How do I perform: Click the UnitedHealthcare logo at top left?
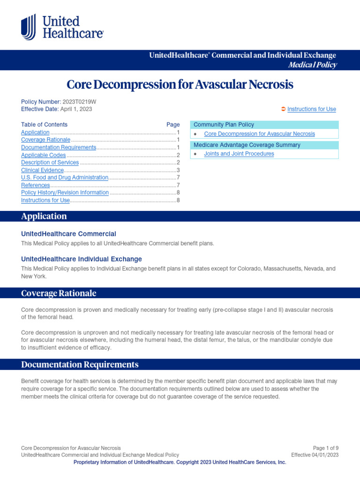(62, 27)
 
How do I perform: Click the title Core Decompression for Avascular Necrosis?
(180, 84)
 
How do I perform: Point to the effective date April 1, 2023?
(76, 109)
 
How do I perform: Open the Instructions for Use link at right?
(311, 109)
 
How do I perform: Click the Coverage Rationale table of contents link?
(45, 140)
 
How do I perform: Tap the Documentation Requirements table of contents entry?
(59, 148)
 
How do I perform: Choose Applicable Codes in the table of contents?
(44, 155)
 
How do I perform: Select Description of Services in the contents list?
(50, 163)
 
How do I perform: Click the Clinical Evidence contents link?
(42, 170)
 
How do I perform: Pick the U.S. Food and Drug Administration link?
(65, 178)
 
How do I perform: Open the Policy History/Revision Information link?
(65, 193)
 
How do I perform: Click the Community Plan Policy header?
(224, 125)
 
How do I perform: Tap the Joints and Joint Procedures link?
(239, 154)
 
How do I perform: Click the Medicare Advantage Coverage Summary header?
(247, 145)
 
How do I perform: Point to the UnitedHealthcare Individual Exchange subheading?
(82, 259)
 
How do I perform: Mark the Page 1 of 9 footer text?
(326, 448)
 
